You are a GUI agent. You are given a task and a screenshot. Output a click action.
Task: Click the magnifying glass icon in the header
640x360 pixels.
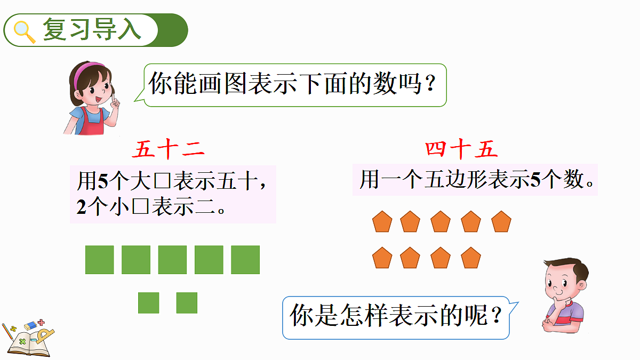tap(23, 30)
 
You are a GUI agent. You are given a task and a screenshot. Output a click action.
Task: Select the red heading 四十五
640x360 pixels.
tap(462, 150)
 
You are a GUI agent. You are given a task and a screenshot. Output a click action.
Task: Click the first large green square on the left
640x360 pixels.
tap(100, 260)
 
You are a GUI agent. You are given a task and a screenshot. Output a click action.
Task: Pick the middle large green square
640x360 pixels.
tap(172, 260)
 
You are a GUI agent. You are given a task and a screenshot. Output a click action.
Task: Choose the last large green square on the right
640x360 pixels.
tap(245, 260)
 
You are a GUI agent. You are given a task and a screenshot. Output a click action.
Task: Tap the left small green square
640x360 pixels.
tap(149, 302)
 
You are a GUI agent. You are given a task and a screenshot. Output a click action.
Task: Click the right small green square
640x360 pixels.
tap(187, 302)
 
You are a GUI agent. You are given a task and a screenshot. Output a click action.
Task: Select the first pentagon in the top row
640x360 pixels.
tap(382, 222)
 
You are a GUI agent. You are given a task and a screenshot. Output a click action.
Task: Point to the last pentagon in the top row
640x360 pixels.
tap(501, 222)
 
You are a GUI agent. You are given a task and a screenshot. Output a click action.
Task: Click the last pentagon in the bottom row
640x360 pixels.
tap(471, 258)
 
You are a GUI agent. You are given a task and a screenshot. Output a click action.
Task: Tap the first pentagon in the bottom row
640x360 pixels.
tap(382, 258)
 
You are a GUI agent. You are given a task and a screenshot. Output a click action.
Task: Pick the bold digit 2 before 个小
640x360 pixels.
tap(81, 207)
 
